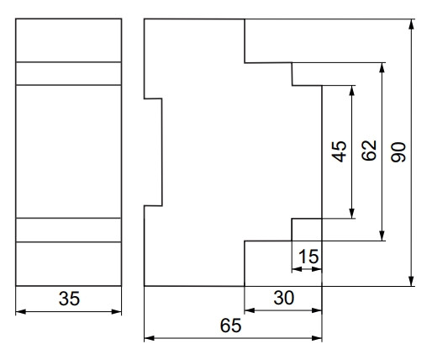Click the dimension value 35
click(x=69, y=299)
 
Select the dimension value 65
click(x=230, y=326)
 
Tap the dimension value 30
click(x=284, y=298)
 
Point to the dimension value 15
click(x=308, y=257)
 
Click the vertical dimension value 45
click(x=339, y=151)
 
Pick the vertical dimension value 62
click(x=369, y=151)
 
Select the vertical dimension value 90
click(x=398, y=152)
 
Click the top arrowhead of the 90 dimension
click(x=411, y=24)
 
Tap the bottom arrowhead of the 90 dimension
click(x=411, y=281)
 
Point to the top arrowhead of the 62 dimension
click(x=382, y=67)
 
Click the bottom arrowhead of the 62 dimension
click(x=382, y=236)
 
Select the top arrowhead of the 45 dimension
click(x=352, y=91)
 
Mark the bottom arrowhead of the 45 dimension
click(x=352, y=214)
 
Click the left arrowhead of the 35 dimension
click(x=21, y=312)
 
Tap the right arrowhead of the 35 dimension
click(x=117, y=312)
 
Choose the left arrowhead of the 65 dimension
click(x=150, y=338)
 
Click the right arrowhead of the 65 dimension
click(x=317, y=338)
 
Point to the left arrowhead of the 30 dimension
click(x=250, y=310)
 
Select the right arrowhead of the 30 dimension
click(x=317, y=310)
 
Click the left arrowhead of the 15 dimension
click(x=297, y=269)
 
